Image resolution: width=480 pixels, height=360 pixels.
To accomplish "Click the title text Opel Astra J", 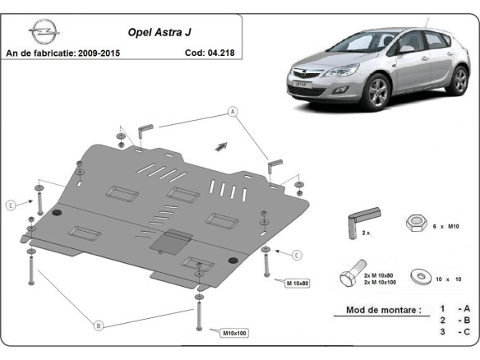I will [157, 35].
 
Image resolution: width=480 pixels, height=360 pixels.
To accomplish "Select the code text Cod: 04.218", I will [209, 53].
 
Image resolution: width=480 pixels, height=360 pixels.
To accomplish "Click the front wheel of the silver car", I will [378, 93].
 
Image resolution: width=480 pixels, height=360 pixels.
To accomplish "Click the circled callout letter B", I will [98, 326].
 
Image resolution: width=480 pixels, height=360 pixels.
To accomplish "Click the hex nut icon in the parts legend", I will [415, 223].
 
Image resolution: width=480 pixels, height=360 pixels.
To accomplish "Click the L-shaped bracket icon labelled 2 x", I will [361, 218].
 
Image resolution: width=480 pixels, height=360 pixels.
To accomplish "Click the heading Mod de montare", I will [377, 311].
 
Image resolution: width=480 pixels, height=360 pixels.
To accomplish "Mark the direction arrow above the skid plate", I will [219, 145].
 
